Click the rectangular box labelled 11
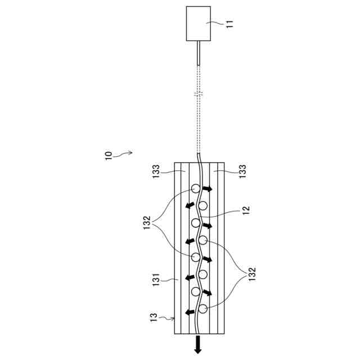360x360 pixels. (199, 24)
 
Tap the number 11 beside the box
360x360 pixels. (229, 24)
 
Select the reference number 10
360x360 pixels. (109, 156)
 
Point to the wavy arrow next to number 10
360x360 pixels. (123, 154)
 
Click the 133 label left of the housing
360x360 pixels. (156, 172)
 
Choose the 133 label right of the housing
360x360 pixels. (242, 171)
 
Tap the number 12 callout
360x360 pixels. (246, 210)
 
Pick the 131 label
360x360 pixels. (156, 280)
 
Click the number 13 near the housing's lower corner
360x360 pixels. (154, 317)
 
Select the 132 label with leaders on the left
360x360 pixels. (147, 223)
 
